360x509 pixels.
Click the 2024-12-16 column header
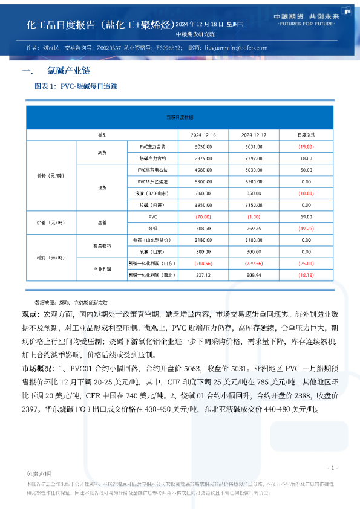(x=203, y=134)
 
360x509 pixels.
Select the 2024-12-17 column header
(x=254, y=134)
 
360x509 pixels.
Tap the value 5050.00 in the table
(x=203, y=147)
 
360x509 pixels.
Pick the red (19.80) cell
(x=306, y=147)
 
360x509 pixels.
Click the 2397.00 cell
(x=254, y=158)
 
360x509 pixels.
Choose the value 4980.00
(x=203, y=170)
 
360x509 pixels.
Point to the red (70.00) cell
(x=203, y=216)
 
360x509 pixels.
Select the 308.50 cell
(x=203, y=229)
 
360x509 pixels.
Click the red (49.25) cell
(x=306, y=229)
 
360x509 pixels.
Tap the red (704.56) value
(x=203, y=263)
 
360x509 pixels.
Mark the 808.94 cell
(x=254, y=275)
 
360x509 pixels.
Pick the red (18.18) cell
(x=306, y=275)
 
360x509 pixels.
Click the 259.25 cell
(x=254, y=229)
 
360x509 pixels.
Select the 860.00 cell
(x=203, y=193)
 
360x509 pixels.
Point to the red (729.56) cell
(x=254, y=263)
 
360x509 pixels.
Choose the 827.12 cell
(x=203, y=275)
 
